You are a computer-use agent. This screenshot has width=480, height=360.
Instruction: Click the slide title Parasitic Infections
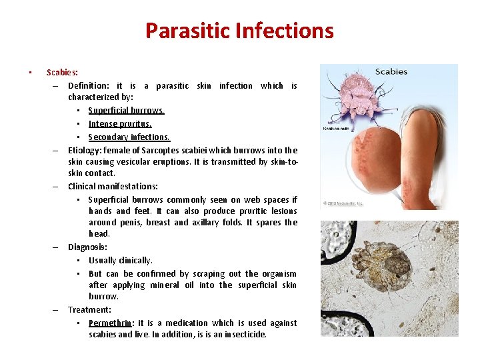(239, 31)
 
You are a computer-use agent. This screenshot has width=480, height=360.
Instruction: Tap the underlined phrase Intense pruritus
(120, 124)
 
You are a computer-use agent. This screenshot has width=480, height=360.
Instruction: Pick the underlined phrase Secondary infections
(129, 137)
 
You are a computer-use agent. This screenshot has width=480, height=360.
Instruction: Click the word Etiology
(84, 151)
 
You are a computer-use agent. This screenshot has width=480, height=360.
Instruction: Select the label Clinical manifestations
(113, 187)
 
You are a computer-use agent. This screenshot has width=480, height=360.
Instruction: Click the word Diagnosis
(87, 247)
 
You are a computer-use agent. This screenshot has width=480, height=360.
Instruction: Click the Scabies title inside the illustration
(391, 72)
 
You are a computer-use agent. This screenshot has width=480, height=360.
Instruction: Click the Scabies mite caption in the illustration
(338, 129)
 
